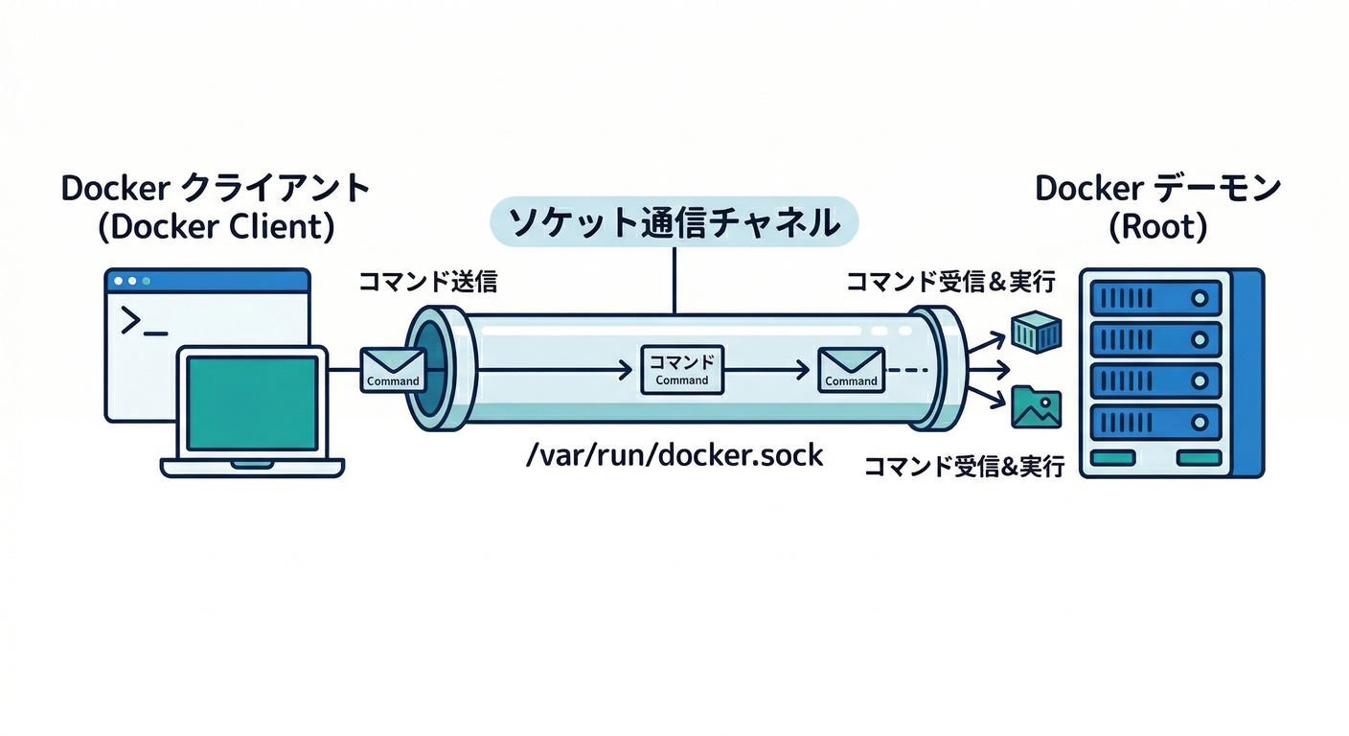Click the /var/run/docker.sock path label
[x=674, y=453]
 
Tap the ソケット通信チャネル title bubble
[x=674, y=222]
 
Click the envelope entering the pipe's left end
[x=393, y=369]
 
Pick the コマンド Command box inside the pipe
[x=681, y=370]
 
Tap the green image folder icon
[x=1036, y=407]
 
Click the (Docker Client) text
[x=216, y=228]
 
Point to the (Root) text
[x=1157, y=228]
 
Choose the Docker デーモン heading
[x=1157, y=189]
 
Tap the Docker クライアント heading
[x=216, y=189]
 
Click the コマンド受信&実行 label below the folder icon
[x=964, y=467]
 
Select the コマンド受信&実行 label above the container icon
[x=950, y=282]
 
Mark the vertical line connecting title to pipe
[x=674, y=280]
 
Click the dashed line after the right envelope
[x=906, y=369]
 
